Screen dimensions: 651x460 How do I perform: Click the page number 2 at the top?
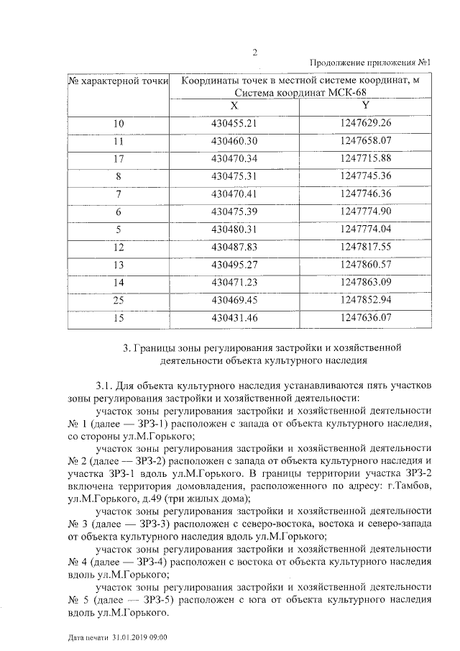255,51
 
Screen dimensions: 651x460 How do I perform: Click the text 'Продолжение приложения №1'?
369,63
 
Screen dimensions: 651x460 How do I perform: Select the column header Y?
367,105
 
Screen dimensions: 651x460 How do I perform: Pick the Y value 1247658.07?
367,141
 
